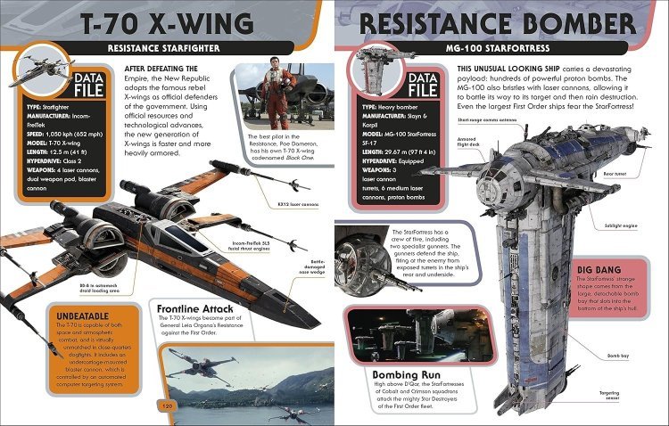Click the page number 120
point(166,407)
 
